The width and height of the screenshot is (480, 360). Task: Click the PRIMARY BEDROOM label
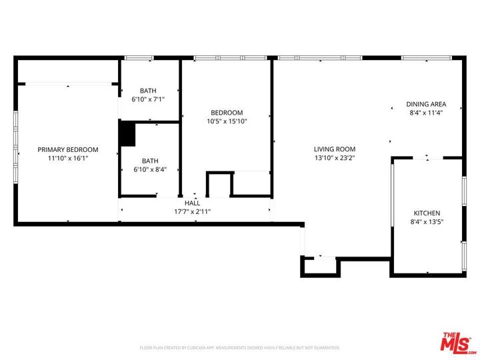pyautogui.click(x=67, y=149)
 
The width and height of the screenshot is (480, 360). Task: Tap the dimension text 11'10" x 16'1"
pyautogui.click(x=67, y=159)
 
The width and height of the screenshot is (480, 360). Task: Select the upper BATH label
pyautogui.click(x=148, y=91)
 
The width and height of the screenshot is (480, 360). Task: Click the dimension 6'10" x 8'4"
pyautogui.click(x=150, y=169)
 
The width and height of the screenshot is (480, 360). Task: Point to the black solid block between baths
pyautogui.click(x=127, y=133)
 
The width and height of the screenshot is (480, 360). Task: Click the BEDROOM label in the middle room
pyautogui.click(x=227, y=113)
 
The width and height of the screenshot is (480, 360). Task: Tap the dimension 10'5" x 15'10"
pyautogui.click(x=227, y=121)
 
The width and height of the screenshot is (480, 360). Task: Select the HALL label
pyautogui.click(x=192, y=203)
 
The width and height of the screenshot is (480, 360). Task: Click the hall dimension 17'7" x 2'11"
pyautogui.click(x=192, y=211)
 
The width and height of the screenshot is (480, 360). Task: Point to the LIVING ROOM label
pyautogui.click(x=335, y=149)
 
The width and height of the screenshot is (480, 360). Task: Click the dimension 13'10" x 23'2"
pyautogui.click(x=335, y=159)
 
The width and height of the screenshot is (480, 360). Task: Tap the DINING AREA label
pyautogui.click(x=426, y=104)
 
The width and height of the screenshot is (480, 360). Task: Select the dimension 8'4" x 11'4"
pyautogui.click(x=426, y=113)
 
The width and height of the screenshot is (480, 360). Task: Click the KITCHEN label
pyautogui.click(x=427, y=213)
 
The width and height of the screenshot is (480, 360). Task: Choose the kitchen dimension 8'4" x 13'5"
pyautogui.click(x=427, y=222)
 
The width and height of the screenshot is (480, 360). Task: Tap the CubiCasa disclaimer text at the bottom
pyautogui.click(x=239, y=347)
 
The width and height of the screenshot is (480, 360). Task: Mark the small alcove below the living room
pyautogui.click(x=321, y=267)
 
